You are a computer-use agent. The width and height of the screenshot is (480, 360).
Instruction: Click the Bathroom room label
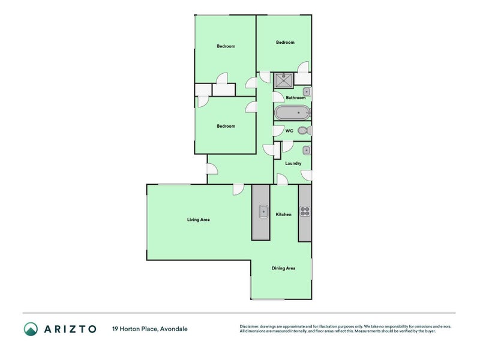(x=295, y=98)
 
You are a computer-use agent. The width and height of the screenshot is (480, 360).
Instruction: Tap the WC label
(x=289, y=131)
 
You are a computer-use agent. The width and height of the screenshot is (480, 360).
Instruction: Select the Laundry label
(x=293, y=163)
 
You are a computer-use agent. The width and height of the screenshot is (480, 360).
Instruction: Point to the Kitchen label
(x=283, y=214)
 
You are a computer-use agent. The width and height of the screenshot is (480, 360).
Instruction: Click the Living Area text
(x=198, y=220)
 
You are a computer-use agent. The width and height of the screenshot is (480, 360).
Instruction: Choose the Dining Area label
(x=283, y=268)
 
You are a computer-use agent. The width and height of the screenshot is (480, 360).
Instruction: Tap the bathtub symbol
(x=293, y=113)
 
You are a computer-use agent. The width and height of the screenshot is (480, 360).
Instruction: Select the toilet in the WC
(x=304, y=131)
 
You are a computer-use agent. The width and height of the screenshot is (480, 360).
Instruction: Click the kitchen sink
(x=263, y=211)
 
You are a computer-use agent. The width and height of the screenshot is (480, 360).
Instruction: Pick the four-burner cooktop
(x=305, y=211)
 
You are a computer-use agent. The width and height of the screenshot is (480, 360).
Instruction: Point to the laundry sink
(x=306, y=150)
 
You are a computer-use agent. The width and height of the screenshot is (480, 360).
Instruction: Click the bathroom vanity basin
(x=306, y=92)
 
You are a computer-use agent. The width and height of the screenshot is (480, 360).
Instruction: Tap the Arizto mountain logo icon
(x=31, y=328)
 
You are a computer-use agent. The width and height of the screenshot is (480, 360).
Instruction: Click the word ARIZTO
(x=70, y=328)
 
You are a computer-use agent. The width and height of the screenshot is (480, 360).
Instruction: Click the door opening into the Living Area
(x=238, y=188)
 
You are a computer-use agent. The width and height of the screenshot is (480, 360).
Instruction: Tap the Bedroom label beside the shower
(x=285, y=42)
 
